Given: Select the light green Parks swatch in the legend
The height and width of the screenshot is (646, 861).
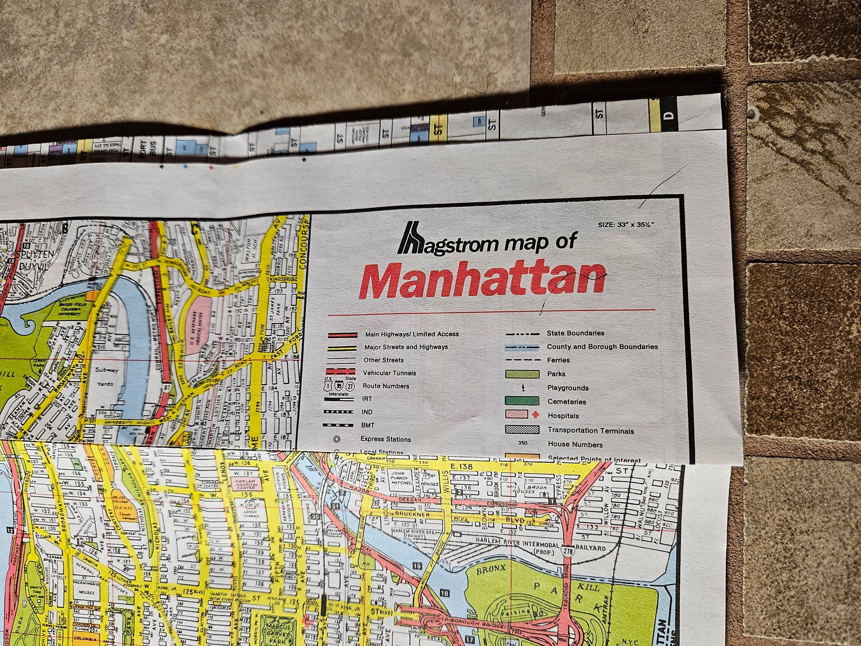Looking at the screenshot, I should pyautogui.click(x=522, y=374).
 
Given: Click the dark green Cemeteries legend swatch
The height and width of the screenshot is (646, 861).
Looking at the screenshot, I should pyautogui.click(x=522, y=401).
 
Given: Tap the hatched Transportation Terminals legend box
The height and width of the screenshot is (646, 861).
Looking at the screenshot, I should pyautogui.click(x=522, y=430).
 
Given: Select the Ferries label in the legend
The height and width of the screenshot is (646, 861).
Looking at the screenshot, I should pyautogui.click(x=558, y=360).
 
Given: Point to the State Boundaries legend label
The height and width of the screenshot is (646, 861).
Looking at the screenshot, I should pyautogui.click(x=575, y=333).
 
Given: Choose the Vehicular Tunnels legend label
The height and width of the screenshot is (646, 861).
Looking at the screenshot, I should pyautogui.click(x=389, y=373).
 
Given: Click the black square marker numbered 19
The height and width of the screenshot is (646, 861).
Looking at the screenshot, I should pyautogui.click(x=417, y=566).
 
